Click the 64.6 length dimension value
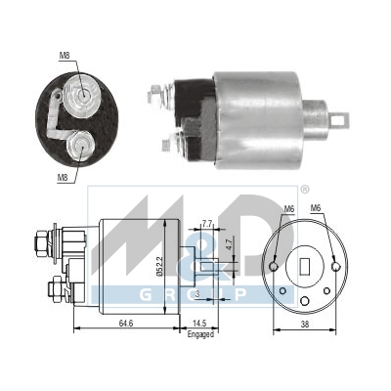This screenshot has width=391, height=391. [125, 324]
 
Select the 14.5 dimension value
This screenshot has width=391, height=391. [199, 324]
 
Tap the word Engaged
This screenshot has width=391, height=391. [200, 334]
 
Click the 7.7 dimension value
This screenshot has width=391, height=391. [207, 224]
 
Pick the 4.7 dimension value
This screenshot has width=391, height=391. [229, 244]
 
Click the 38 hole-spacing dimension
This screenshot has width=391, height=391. [304, 325]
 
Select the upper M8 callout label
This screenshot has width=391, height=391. [65, 56]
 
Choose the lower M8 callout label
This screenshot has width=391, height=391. [63, 178]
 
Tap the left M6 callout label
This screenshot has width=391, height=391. [288, 208]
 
